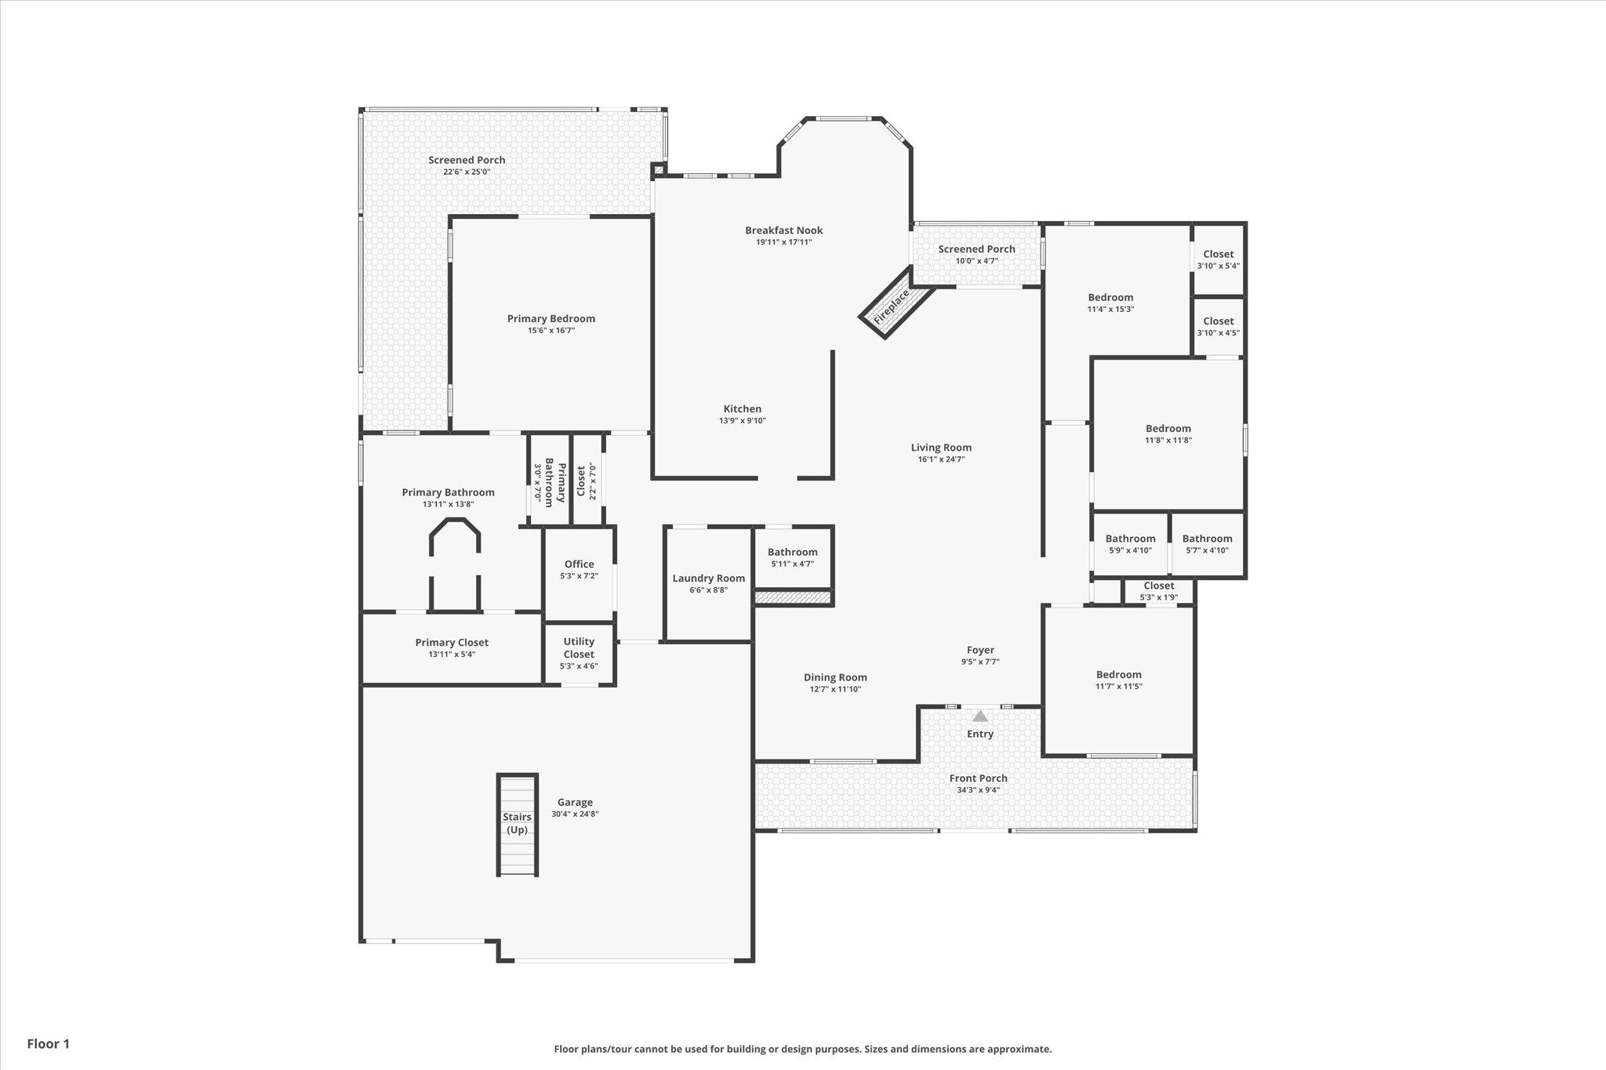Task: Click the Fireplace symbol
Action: [x=897, y=302]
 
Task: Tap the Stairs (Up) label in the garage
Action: [x=517, y=823]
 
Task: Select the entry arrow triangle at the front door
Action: [x=980, y=716]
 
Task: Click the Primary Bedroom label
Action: [x=550, y=318]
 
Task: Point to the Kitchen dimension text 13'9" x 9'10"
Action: [x=743, y=421]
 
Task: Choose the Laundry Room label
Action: [x=708, y=579]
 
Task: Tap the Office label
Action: [x=580, y=564]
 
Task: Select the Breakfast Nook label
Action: [x=784, y=230]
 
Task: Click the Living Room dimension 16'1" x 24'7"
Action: [x=941, y=459]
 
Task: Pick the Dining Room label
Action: [x=835, y=677]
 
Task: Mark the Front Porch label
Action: [x=978, y=778]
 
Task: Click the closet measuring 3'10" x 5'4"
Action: [x=1219, y=259]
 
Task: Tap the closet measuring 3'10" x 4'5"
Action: [x=1219, y=327]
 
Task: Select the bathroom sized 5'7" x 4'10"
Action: [x=1207, y=544]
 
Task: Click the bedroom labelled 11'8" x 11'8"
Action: [x=1168, y=433]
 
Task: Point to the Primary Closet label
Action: [x=452, y=643]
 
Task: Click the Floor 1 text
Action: [x=49, y=1043]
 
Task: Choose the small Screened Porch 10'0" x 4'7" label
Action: [x=976, y=249]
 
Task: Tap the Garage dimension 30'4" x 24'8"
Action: [x=575, y=814]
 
